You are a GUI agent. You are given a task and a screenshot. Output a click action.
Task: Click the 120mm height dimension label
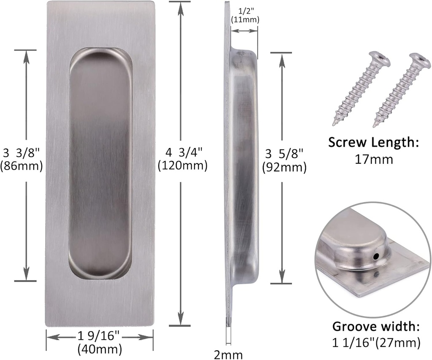[x=182, y=166]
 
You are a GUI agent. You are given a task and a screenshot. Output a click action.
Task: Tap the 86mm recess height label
[x=22, y=166]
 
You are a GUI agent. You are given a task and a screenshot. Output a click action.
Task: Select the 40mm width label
[x=100, y=349]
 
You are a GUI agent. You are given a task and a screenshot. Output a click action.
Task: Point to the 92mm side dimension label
[x=284, y=168]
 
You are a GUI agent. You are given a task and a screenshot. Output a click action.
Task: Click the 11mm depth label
[x=245, y=19]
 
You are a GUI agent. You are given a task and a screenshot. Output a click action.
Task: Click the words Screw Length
[x=373, y=142]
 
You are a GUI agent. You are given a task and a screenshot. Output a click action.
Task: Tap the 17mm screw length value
[x=373, y=159]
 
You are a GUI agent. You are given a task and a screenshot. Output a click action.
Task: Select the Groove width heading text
[x=376, y=326]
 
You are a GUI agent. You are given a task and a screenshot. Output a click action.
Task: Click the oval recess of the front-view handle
[x=100, y=165]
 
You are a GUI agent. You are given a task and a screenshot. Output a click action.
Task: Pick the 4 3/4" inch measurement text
[x=182, y=152]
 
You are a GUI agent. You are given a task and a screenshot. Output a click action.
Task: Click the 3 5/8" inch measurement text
[x=283, y=153]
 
